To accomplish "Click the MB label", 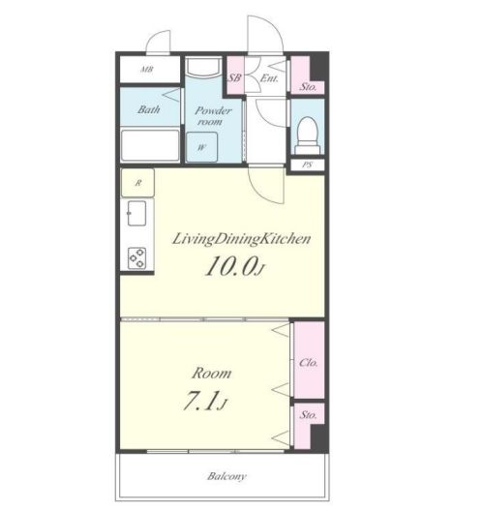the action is coord(147,70).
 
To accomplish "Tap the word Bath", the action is coord(149,109).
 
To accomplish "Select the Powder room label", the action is coord(213,116).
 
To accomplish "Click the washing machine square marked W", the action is coord(201,147).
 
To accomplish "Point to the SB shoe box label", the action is coord(234,77).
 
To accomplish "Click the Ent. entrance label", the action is coord(269,78).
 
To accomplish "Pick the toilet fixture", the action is coord(308,135).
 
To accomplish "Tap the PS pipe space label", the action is coord(307,165).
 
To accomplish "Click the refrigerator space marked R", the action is coord(137,183).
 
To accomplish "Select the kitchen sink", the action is coord(136,214).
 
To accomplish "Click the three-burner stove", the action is coord(136,258).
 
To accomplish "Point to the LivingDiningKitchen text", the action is coord(241,239).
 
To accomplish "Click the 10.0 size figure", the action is coord(233,265).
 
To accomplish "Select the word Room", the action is coord(212,374).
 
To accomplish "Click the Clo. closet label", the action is coord(309,362).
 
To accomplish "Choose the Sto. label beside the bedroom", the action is coord(309,415).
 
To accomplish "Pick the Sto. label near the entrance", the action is coord(308,87).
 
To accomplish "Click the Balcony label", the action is coord(226,476).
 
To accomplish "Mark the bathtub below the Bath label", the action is coord(150,145).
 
